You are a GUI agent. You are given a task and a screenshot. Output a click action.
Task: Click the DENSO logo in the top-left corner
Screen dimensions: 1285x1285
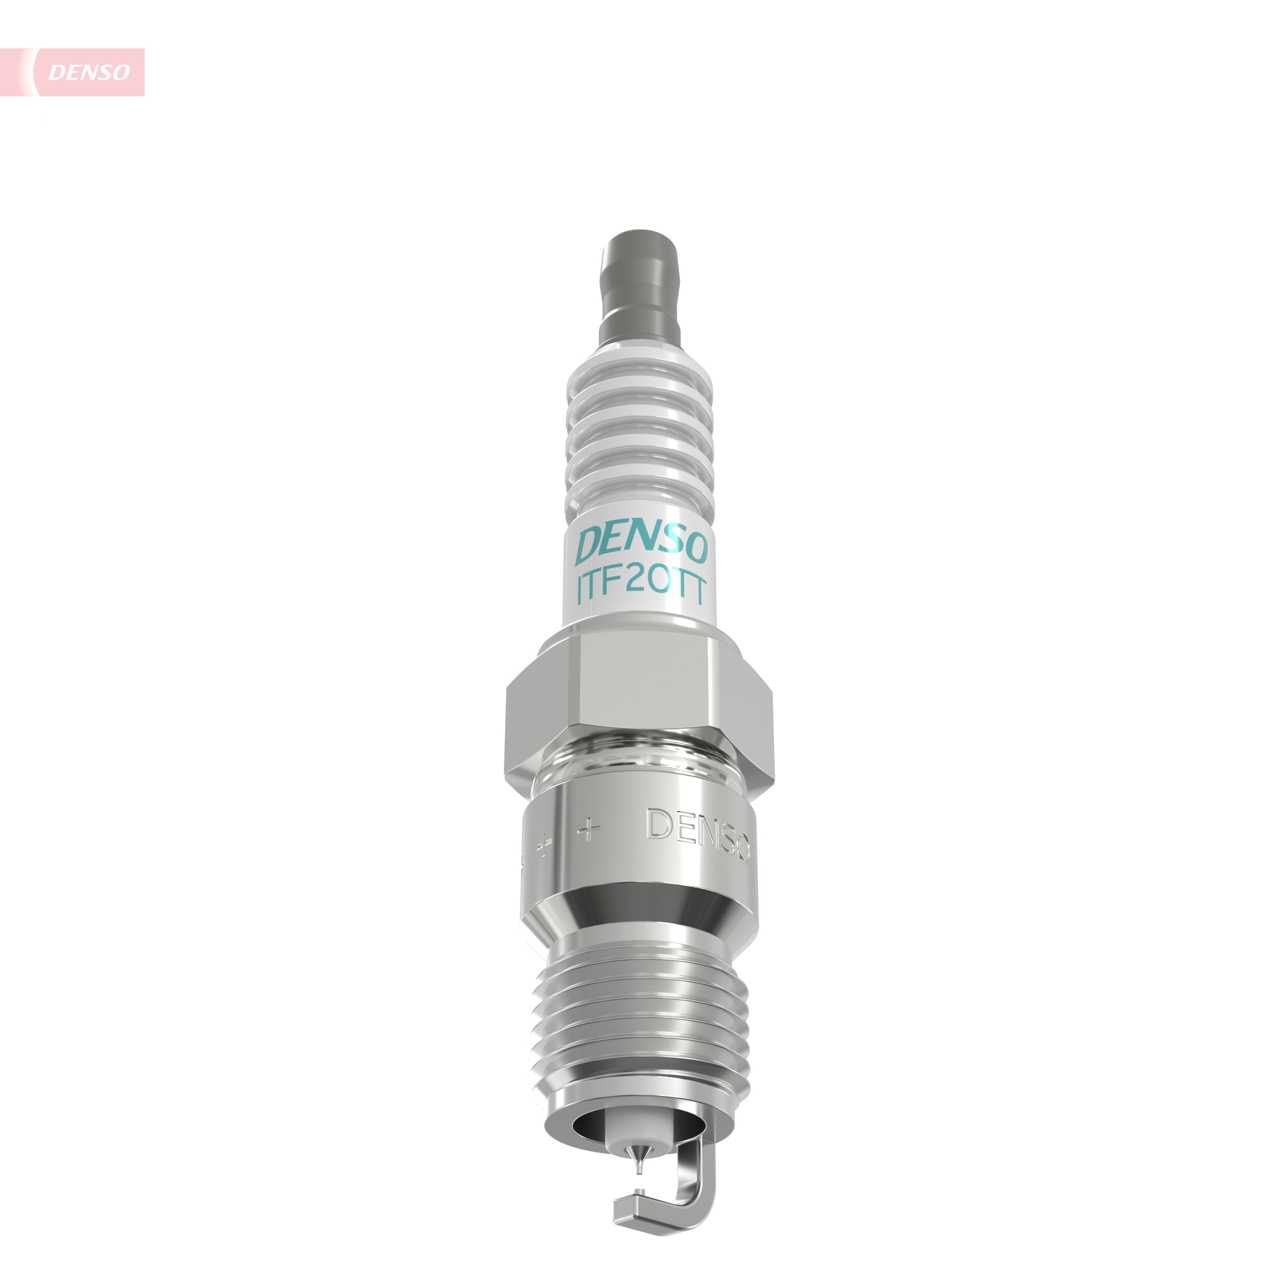(x=88, y=72)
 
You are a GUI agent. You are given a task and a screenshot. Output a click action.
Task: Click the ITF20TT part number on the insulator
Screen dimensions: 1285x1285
(x=641, y=588)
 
